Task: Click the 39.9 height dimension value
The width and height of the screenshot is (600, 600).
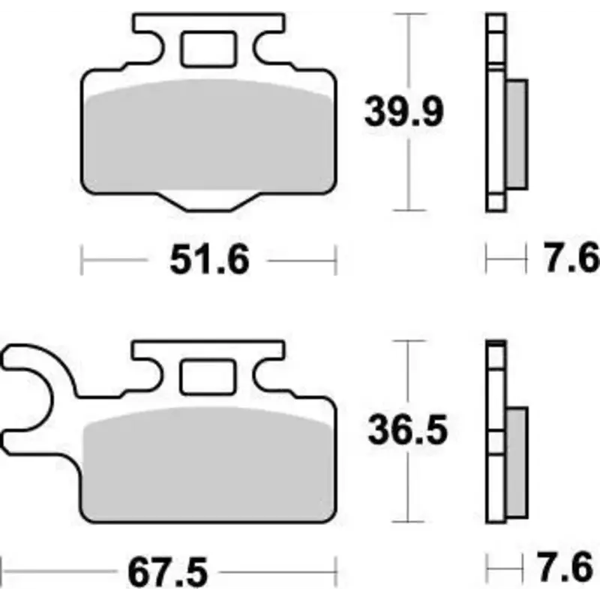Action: click(405, 112)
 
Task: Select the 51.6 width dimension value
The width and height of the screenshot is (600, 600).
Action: click(208, 260)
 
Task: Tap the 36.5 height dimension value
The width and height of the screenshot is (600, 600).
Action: click(407, 430)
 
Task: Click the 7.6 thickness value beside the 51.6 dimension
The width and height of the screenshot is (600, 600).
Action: click(571, 260)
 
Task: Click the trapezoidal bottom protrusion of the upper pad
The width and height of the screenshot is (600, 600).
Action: click(208, 201)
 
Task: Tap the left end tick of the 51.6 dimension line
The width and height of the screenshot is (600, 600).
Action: click(82, 261)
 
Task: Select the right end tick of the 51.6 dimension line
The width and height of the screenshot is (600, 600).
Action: click(336, 261)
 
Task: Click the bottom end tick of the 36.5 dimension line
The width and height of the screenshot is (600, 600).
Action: click(407, 520)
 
